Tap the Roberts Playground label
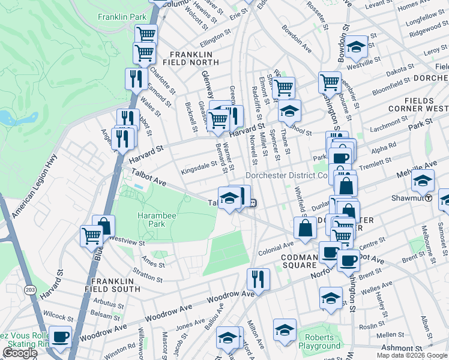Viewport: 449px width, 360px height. (319, 341)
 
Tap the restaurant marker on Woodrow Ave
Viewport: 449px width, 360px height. (259, 279)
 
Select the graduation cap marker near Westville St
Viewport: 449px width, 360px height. (357, 47)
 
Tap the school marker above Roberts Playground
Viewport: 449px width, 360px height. (285, 329)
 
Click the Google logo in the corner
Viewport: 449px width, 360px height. (20, 353)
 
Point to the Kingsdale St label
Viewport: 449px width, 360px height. (200, 165)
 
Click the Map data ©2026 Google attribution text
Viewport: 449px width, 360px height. (411, 355)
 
